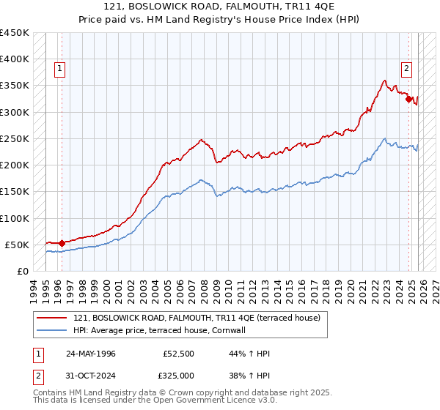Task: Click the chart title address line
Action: coord(219,7)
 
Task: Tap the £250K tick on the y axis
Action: coord(14,138)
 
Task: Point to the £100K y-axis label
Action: coord(14,218)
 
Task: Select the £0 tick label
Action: coord(22,272)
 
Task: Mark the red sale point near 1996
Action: coord(62,243)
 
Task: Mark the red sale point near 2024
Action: coord(408,98)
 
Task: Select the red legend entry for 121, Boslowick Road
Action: coord(197,318)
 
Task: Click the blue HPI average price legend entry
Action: coord(164,331)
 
